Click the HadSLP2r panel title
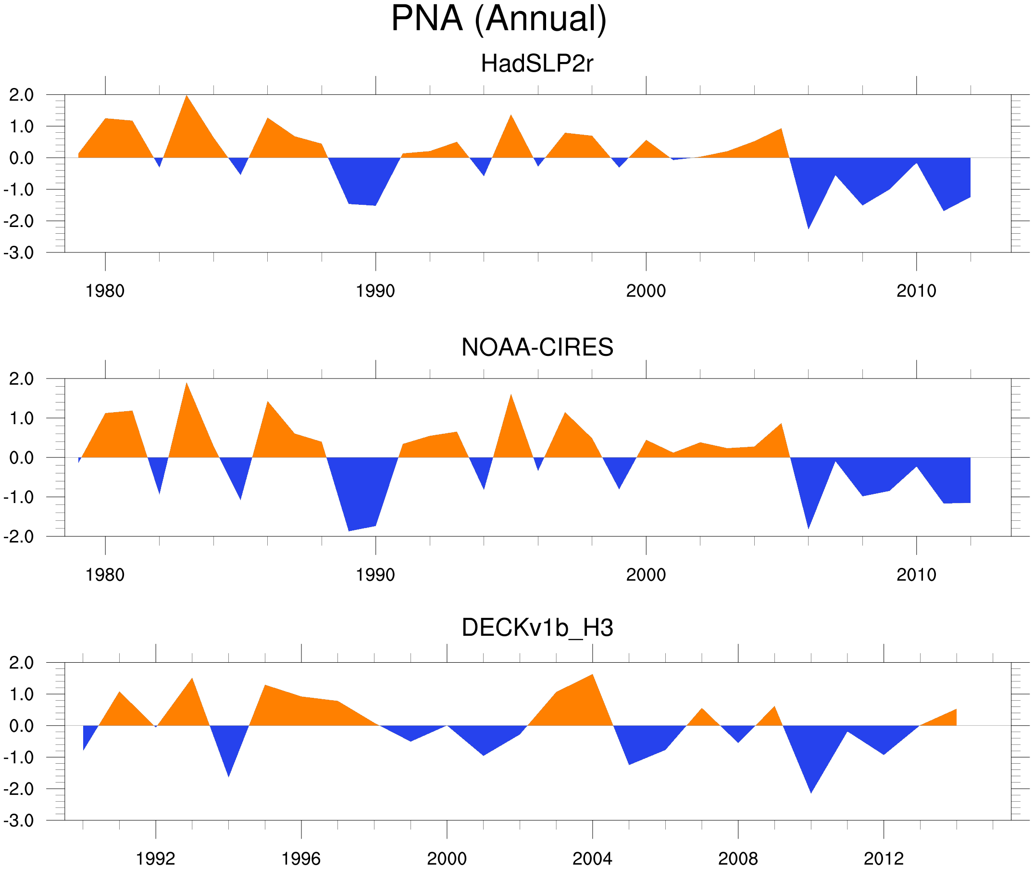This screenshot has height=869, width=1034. (536, 64)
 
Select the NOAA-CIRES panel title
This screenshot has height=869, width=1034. (537, 347)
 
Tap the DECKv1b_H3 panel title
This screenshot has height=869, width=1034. (537, 628)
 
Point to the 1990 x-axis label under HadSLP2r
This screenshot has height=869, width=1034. (375, 291)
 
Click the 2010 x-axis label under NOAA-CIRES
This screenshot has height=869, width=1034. (916, 575)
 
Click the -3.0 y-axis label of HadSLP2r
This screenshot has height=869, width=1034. (19, 253)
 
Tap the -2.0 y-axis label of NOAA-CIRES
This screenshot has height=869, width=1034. (19, 537)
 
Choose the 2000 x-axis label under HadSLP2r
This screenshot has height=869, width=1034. (646, 291)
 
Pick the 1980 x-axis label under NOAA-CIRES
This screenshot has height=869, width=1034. (105, 575)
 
